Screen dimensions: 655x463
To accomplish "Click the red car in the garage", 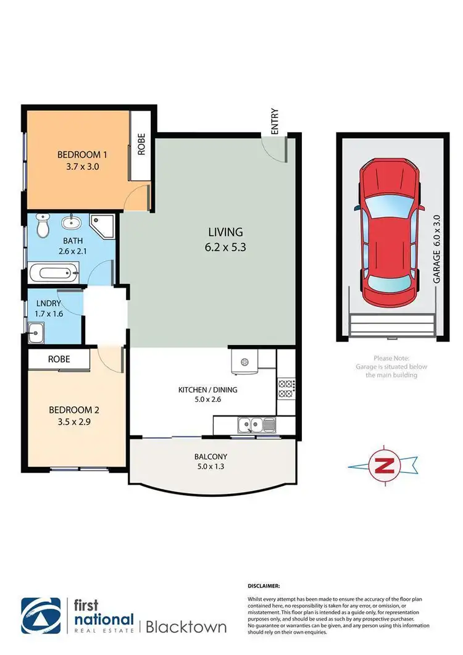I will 390,233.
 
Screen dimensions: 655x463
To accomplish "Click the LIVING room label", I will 225,232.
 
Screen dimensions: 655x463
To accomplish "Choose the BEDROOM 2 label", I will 71,409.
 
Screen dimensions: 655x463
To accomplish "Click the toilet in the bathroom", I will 43,226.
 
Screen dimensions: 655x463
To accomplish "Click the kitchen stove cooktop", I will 286,387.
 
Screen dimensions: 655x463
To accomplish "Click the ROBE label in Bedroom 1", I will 141,144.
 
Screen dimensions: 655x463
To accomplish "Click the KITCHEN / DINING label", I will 207,390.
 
